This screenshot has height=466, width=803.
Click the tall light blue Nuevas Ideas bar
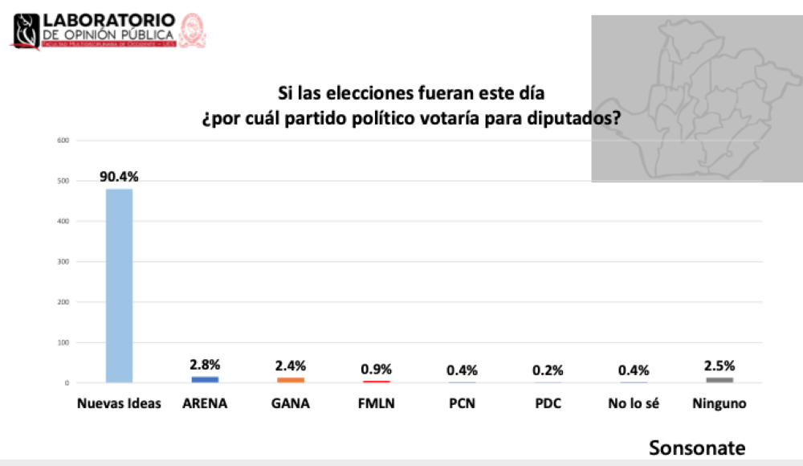[119, 285]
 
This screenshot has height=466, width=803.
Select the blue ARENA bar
[205, 379]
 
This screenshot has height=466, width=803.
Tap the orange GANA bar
[291, 379]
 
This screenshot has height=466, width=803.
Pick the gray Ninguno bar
[719, 379]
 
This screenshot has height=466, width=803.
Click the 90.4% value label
[119, 177]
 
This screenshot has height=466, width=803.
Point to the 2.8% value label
[205, 364]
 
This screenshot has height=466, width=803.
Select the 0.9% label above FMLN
[376, 370]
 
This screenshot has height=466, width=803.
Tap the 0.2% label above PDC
[548, 370]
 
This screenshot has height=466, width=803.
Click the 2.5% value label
[719, 366]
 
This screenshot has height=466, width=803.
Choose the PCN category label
[462, 403]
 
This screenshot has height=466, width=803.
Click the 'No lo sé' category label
[634, 403]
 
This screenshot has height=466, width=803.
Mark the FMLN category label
[376, 403]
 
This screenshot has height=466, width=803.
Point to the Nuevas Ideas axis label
[119, 403]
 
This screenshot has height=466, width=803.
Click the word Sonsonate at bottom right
[697, 448]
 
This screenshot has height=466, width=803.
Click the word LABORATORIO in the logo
[108, 18]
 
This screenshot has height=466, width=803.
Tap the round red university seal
[193, 30]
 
